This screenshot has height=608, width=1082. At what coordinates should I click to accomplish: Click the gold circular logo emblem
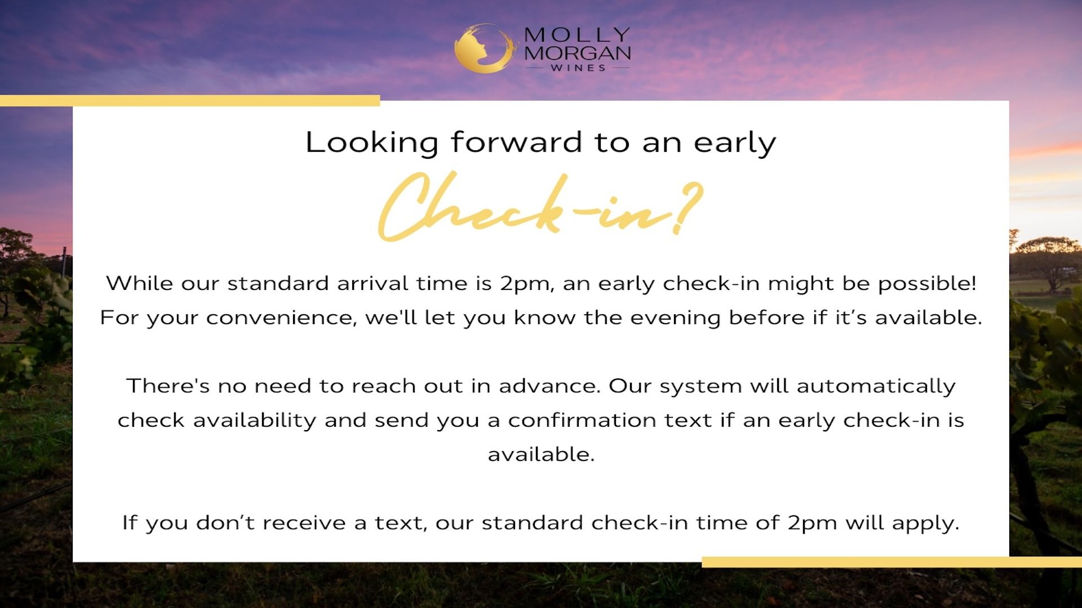[485, 48]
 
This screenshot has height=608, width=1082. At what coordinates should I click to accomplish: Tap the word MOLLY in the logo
[577, 35]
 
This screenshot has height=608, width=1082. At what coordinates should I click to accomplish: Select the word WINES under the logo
[578, 68]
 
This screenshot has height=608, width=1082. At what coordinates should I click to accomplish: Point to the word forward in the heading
[516, 142]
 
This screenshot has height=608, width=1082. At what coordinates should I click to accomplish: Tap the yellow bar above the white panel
[190, 101]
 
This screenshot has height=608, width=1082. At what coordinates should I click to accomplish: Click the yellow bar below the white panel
[892, 562]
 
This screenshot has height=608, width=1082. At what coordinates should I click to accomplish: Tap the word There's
[168, 386]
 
